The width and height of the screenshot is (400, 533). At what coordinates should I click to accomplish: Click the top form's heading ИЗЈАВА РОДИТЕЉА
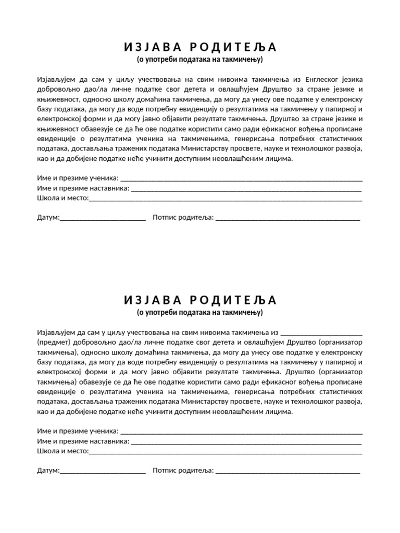200,47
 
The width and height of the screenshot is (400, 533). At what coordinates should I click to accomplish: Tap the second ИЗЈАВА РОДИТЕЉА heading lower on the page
200,300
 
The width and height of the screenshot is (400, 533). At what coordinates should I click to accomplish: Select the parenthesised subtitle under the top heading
200,60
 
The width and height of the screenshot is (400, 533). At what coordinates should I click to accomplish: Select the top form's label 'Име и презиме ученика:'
78,179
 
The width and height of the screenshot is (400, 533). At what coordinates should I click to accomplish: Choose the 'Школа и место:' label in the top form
63,198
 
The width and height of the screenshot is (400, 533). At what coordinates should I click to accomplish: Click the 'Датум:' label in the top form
48,217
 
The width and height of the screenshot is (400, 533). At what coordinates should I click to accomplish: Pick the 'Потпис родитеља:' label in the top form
183,217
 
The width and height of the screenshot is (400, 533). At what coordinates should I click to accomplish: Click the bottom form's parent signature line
287,472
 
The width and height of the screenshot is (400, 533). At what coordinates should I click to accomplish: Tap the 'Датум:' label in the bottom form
48,471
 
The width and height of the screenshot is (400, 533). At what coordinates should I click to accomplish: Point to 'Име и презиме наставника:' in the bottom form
83,441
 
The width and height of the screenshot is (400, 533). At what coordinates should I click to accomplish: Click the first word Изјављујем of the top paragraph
56,80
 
